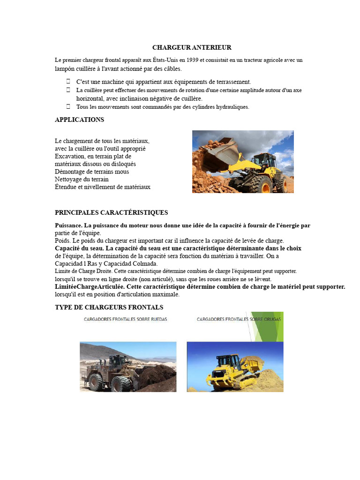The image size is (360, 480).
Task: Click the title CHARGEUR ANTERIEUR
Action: (192, 47)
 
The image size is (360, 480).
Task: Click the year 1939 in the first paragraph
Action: (192, 60)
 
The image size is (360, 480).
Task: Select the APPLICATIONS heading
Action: (79, 120)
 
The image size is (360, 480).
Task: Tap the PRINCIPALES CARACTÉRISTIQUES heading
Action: (111, 212)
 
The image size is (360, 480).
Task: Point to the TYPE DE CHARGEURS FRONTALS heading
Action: (109, 307)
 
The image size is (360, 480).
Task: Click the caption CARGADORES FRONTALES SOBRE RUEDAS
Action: (125, 319)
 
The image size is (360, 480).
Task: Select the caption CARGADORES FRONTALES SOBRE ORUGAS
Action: (236, 319)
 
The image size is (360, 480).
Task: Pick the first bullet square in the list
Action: (68, 82)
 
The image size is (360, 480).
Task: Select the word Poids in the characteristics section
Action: (62, 240)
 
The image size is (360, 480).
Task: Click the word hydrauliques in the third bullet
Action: (232, 107)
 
